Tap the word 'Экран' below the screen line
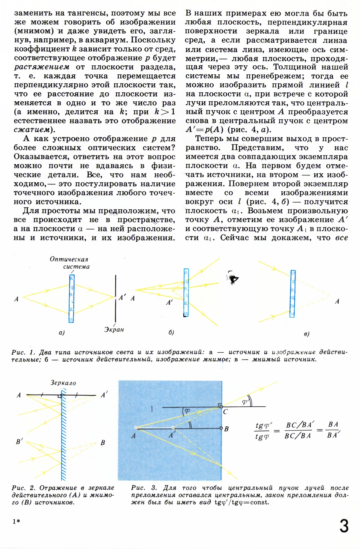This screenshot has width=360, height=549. tap(114, 329)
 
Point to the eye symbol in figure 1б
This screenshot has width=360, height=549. tap(232, 279)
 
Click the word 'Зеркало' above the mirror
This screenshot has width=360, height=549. tap(63, 383)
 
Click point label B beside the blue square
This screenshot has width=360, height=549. tap(226, 429)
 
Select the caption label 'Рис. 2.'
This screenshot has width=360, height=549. tap(24, 488)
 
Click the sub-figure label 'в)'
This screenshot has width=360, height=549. tap(307, 334)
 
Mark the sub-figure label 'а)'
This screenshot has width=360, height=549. tap(62, 333)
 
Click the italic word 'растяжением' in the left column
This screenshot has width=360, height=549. tap(42, 67)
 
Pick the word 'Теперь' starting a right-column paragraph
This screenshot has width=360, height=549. tap(211, 139)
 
